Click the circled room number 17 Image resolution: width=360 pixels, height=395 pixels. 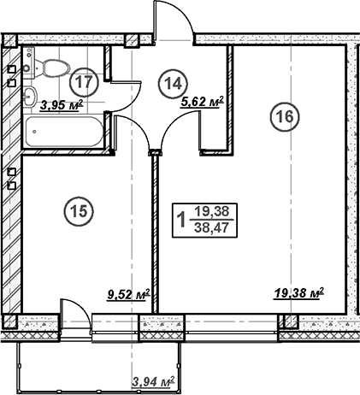pos(83,83)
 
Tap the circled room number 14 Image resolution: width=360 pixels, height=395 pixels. pos(173,83)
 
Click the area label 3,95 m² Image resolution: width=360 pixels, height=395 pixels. pos(62,106)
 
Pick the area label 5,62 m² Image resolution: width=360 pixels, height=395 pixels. pos(203,102)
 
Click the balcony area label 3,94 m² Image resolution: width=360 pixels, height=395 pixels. pos(153,380)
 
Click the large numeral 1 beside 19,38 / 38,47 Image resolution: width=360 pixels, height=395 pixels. pos(180,221)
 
